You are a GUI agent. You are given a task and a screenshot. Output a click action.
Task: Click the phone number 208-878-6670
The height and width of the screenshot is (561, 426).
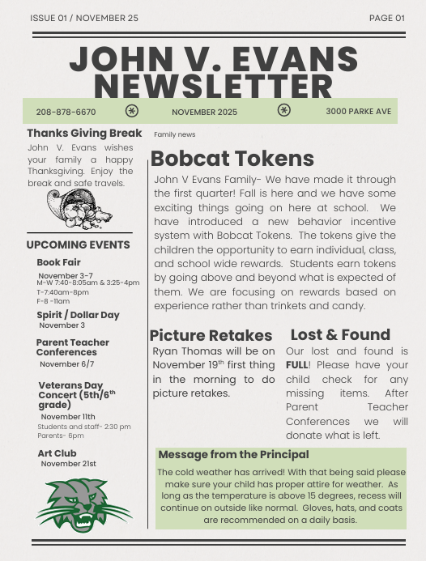tap(66, 112)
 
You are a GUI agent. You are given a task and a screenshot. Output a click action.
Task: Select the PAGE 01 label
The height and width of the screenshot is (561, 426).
tap(386, 18)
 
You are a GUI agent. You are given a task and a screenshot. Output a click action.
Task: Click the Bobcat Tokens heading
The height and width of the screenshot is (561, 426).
tap(232, 158)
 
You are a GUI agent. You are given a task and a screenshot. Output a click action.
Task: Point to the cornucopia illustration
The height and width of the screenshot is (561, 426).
tap(79, 210)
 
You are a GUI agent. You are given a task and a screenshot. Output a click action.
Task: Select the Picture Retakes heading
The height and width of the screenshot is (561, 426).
tap(211, 335)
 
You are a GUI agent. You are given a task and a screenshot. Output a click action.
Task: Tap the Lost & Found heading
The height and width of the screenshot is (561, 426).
tap(340, 334)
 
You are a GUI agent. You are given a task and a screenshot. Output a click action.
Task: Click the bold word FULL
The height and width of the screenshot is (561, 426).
tap(296, 365)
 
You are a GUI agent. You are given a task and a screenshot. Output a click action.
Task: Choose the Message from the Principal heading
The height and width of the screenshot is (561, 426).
tap(233, 455)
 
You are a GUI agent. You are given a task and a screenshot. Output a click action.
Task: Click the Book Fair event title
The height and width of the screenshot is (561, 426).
tap(58, 262)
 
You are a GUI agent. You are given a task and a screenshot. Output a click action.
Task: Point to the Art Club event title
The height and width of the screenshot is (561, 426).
tap(57, 453)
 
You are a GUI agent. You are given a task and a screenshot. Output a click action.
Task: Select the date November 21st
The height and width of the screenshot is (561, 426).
tap(68, 464)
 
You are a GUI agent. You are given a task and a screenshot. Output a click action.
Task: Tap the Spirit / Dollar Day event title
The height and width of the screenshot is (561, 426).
tap(78, 315)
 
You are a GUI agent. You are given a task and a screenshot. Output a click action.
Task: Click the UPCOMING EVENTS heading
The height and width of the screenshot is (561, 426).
tap(78, 244)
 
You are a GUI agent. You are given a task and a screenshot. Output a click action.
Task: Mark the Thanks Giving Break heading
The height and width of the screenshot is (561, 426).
tap(84, 133)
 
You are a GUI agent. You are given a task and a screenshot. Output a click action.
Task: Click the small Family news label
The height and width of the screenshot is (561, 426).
tap(174, 134)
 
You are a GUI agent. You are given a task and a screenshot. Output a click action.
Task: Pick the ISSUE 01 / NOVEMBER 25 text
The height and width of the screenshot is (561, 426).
tap(84, 18)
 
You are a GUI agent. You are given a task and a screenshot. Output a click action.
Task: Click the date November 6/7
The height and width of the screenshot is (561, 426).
tap(66, 364)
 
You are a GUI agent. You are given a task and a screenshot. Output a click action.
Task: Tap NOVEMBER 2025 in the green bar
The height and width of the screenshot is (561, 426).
tap(204, 112)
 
